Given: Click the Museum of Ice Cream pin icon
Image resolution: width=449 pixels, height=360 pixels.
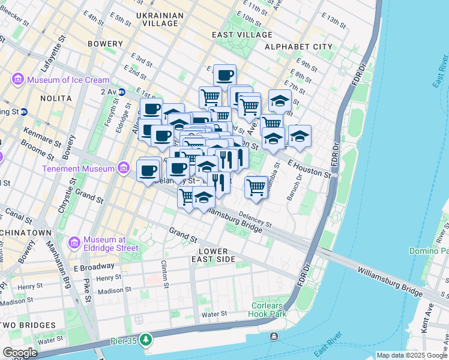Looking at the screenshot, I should point(17,80).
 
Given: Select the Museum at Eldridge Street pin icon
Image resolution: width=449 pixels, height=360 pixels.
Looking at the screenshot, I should point(74,242).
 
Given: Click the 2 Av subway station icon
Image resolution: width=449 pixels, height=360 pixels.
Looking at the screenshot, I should point(122,92).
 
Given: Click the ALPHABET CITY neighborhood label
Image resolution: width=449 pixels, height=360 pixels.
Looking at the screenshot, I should point(298,47).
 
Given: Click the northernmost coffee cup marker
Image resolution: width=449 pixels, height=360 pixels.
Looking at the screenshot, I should point(224,76).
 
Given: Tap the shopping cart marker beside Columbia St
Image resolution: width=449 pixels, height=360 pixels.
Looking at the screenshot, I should point(256,187).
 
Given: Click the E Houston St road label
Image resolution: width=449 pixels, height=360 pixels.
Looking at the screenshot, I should point(309,168).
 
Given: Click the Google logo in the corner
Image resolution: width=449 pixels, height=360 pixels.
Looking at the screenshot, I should point(20,353).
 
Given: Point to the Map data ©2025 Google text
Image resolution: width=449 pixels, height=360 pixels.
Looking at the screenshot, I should point(412,355).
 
